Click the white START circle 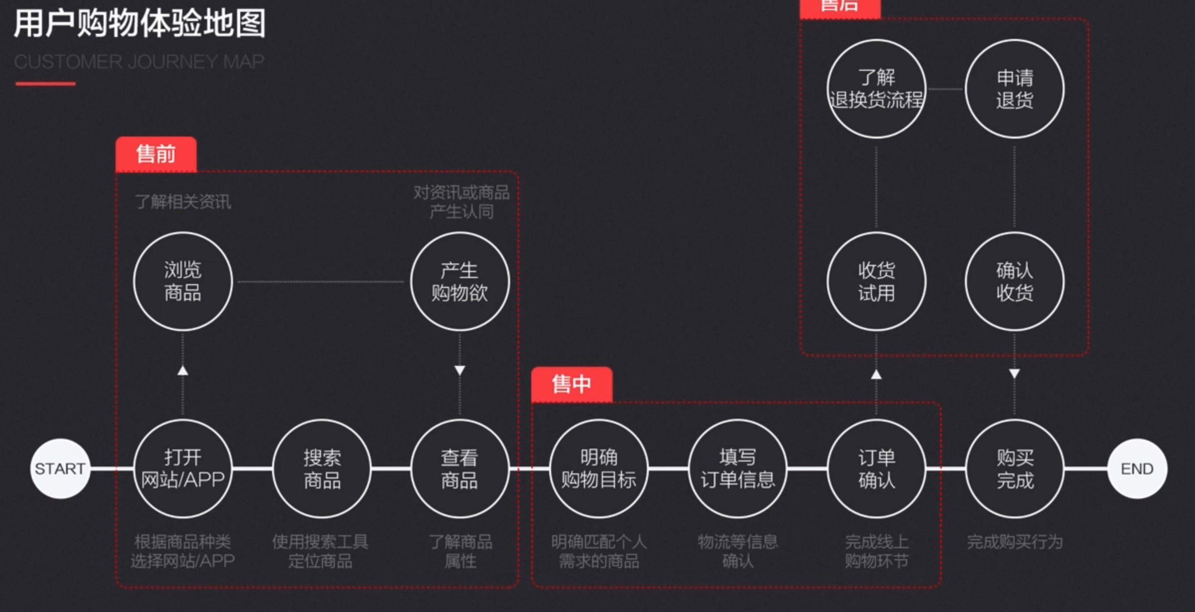60,468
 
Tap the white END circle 1137,468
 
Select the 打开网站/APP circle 183,468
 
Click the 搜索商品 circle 322,468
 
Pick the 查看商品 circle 459,468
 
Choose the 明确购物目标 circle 598,468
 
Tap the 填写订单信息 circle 738,468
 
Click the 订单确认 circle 876,468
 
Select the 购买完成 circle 1015,468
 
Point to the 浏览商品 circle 183,281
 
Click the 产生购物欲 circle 459,281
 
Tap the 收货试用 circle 876,281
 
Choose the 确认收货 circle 1015,281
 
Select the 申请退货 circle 1015,89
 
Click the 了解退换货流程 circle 876,89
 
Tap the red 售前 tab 156,154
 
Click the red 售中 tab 572,384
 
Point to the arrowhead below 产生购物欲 459,371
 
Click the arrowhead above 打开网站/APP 183,370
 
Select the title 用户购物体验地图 140,23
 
